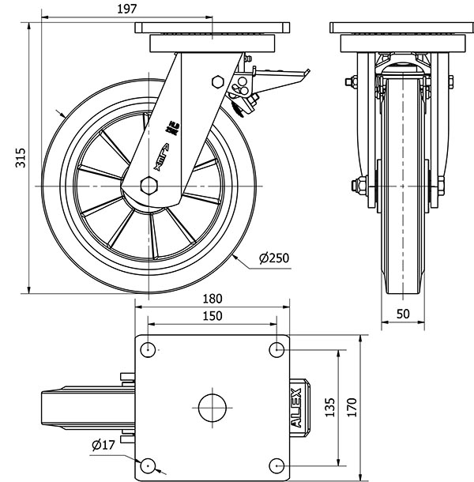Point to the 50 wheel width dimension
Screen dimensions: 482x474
click(402, 314)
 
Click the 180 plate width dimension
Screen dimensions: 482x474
click(211, 299)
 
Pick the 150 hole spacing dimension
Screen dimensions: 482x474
click(211, 315)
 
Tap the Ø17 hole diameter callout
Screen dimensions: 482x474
click(103, 445)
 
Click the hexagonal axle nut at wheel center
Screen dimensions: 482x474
click(149, 184)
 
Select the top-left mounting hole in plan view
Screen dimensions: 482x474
click(148, 349)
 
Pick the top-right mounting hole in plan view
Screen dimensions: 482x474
click(276, 349)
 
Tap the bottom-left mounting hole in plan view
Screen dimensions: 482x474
click(148, 465)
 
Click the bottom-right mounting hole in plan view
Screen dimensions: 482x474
click(276, 465)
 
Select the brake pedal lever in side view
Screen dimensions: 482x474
click(280, 76)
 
